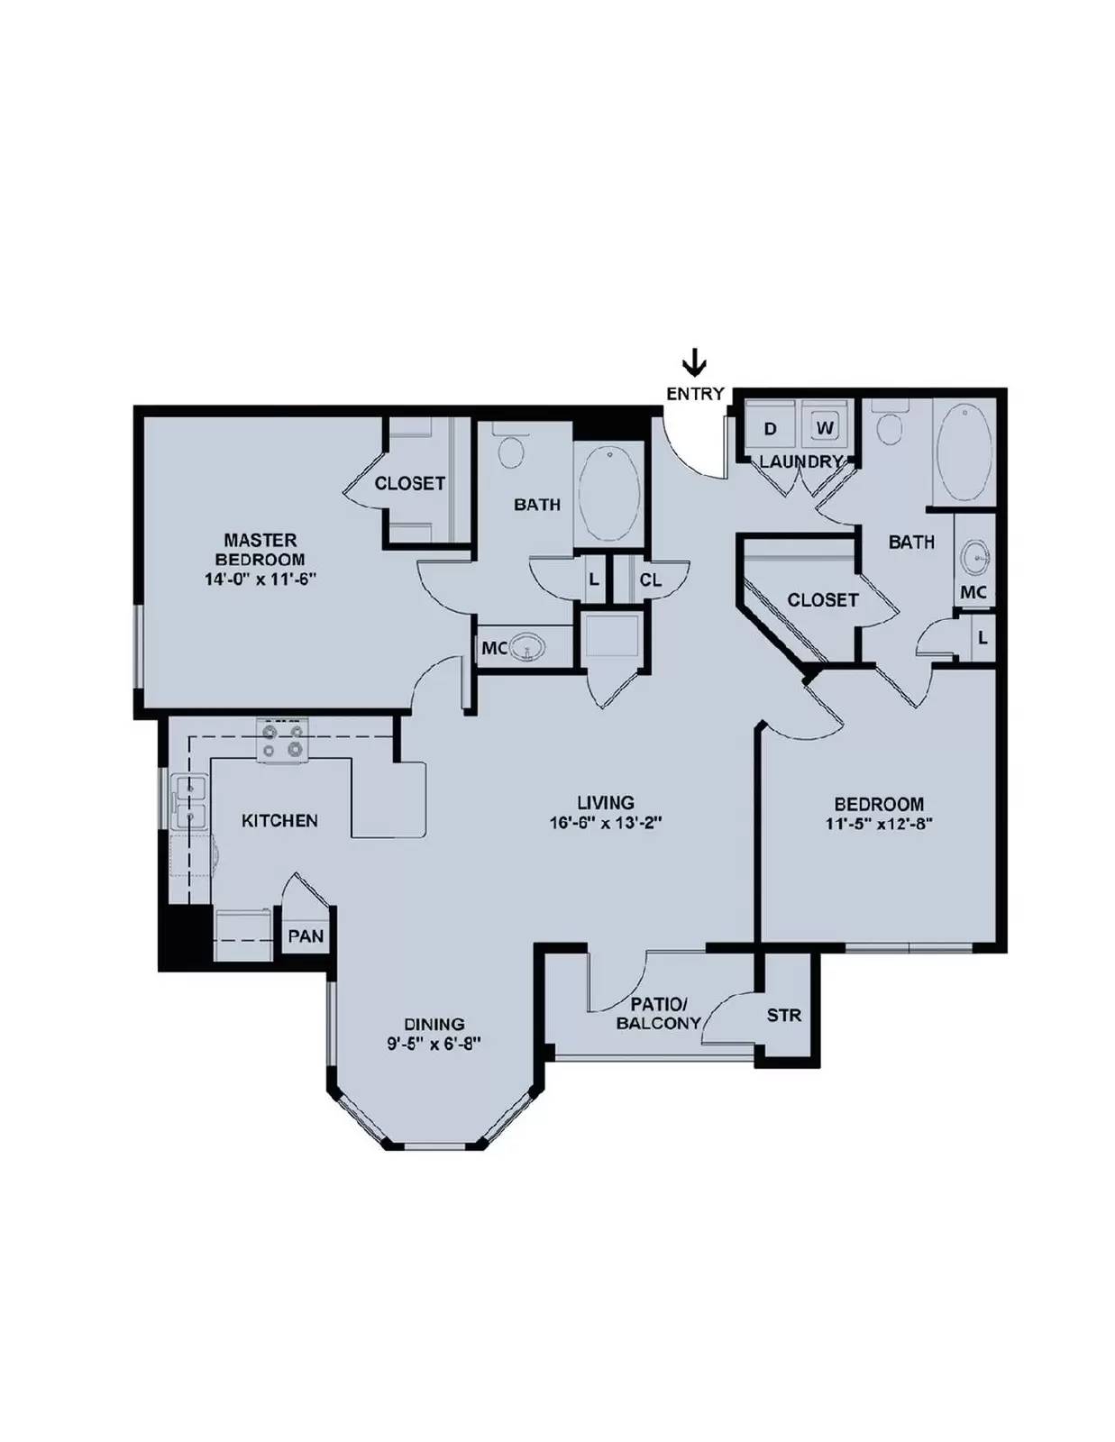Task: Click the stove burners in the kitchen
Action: (x=283, y=741)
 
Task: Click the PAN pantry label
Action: (x=306, y=935)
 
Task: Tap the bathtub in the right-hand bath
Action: (x=964, y=452)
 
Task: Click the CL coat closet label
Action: (x=651, y=580)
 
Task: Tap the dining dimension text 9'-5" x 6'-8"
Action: (x=434, y=1044)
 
